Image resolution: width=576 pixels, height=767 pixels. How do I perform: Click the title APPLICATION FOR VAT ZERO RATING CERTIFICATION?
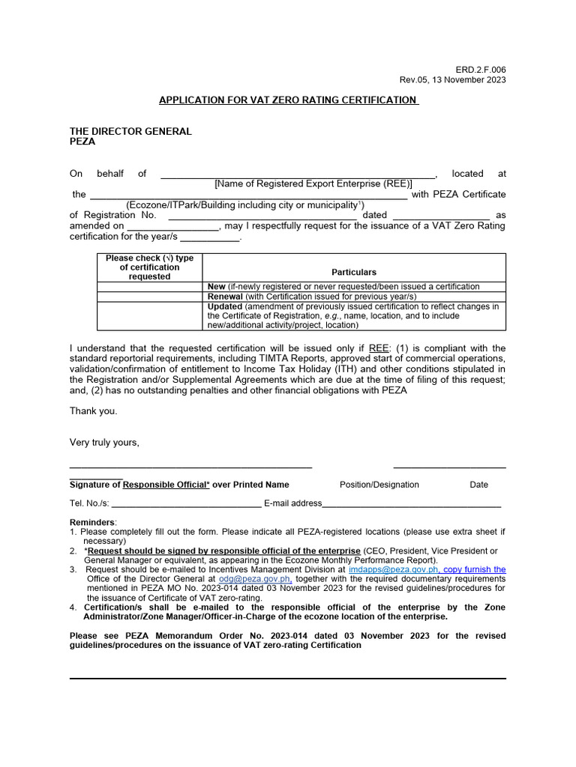click(x=288, y=100)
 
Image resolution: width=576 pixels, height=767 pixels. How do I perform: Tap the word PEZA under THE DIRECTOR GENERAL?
click(x=82, y=142)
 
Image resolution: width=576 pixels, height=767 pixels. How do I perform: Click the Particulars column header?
click(x=354, y=273)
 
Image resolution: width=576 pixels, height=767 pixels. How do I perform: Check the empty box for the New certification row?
click(x=150, y=287)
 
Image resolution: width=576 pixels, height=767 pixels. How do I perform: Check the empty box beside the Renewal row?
click(x=150, y=297)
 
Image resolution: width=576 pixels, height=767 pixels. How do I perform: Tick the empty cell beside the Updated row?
click(x=150, y=315)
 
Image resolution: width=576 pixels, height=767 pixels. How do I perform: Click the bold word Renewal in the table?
click(x=225, y=297)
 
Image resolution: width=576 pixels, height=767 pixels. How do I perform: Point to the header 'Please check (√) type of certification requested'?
click(x=150, y=267)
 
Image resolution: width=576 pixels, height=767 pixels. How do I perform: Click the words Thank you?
click(x=94, y=410)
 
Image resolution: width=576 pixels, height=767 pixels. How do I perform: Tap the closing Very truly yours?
click(x=104, y=442)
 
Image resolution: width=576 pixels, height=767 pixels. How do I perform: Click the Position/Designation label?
click(x=379, y=485)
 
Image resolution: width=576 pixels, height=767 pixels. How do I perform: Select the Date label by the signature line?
click(x=479, y=485)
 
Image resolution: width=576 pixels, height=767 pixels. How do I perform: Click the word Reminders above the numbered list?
click(x=92, y=522)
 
